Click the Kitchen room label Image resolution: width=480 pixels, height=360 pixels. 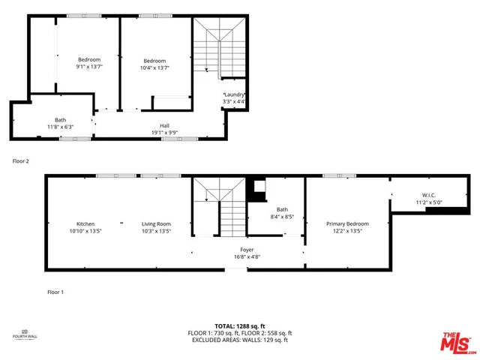(x=85, y=223)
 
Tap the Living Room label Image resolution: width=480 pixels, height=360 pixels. (x=157, y=223)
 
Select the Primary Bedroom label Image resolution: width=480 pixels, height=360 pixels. (x=347, y=223)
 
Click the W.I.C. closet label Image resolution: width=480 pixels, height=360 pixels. (x=418, y=195)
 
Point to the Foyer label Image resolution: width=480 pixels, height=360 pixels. (x=247, y=250)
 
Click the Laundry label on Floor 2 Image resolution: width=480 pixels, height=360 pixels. (x=234, y=94)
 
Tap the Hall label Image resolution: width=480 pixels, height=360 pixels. (x=164, y=125)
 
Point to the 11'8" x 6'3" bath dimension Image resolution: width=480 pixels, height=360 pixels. (x=60, y=127)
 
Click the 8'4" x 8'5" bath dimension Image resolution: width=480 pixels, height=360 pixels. (x=282, y=217)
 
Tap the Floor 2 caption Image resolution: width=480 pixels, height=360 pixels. (x=20, y=160)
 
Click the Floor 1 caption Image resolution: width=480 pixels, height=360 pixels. (x=55, y=292)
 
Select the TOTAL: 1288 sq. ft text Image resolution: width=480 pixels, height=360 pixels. (x=241, y=326)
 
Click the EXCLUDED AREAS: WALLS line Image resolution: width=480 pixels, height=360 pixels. (x=241, y=340)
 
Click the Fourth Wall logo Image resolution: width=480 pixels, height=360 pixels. (x=24, y=334)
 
